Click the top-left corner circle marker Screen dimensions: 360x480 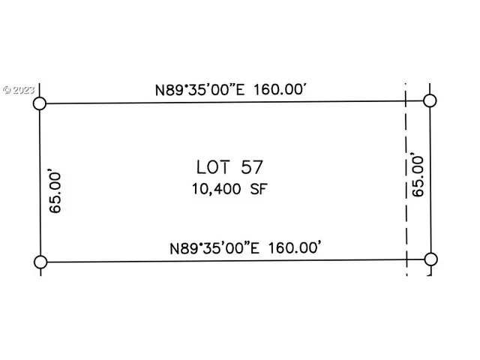point(40,103)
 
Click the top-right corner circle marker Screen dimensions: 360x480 point(430,100)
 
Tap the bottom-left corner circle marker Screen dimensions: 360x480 point(40,262)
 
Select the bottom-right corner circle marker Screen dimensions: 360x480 point(430,259)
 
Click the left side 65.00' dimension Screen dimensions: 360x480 point(55,192)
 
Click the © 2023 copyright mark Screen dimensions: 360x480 point(20,89)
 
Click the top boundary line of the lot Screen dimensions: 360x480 point(225,103)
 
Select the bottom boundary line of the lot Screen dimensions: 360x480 point(225,261)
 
